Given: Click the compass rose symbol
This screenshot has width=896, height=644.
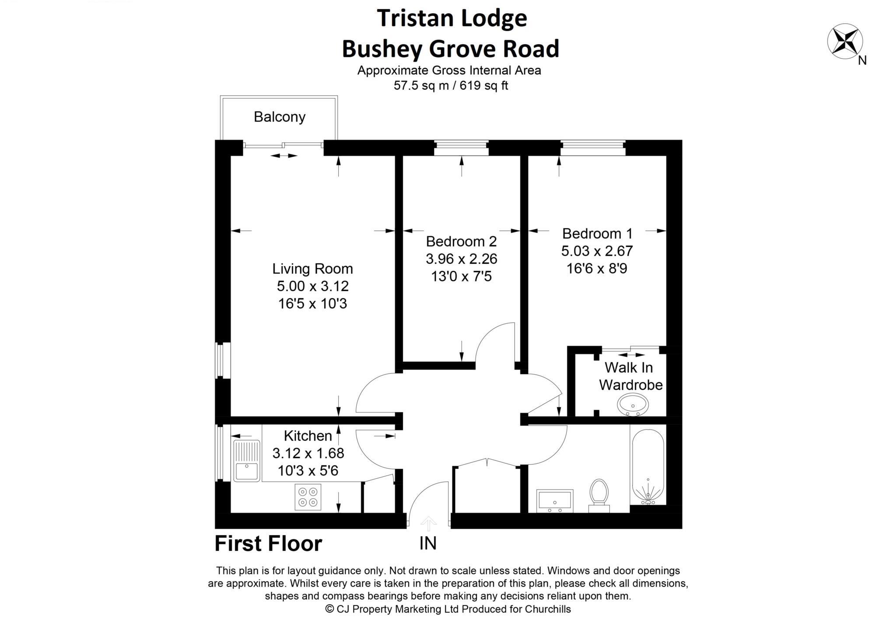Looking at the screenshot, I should pos(844,42).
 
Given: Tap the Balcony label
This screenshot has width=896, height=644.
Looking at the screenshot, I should pos(280,117).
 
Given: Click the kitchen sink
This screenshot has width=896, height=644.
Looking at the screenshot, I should pos(247,461).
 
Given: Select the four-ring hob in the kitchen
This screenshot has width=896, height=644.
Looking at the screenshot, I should pos(308,497).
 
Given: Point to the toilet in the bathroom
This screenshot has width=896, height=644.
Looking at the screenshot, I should pos(599,494).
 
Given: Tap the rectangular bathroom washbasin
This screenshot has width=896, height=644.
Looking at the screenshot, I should pos(555,500).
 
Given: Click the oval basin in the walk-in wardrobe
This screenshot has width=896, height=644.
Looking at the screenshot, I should pos(633,404).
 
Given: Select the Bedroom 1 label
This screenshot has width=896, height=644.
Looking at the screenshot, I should pos(597,234).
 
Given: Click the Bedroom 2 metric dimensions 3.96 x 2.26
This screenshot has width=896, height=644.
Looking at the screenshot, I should pos(462,259).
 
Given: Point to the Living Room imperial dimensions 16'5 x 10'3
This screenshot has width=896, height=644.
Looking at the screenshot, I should pos(312,303).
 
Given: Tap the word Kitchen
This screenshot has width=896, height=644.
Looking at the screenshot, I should pos(308,436).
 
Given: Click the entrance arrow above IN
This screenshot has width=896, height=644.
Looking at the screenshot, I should pos(428,523).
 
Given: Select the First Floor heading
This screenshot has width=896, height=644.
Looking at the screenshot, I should pos(268,544).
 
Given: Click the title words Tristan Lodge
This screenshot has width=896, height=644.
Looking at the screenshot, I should pos(452,18).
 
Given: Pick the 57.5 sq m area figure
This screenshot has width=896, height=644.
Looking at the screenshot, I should pos(421,85).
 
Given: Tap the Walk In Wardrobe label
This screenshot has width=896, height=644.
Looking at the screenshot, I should pos(630,376).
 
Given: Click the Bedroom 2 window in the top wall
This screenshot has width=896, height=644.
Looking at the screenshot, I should pos(461,148).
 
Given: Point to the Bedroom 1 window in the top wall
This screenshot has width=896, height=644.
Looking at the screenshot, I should pos(593,148).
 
